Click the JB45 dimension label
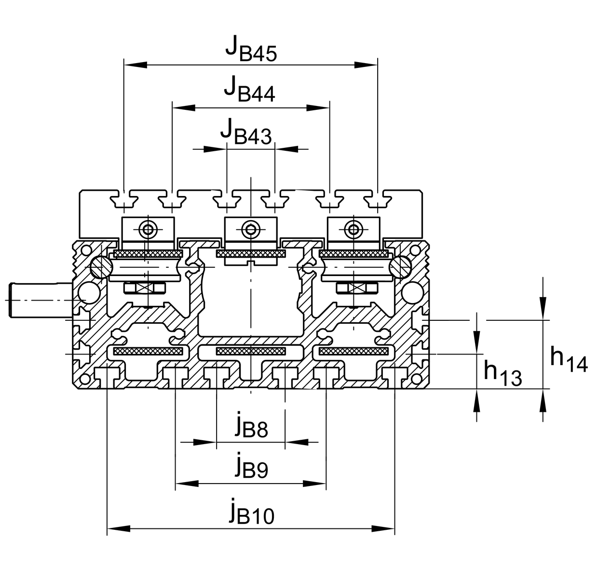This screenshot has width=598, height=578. coord(251,49)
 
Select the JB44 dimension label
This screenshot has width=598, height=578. coord(249,89)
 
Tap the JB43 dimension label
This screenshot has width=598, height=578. coord(246,131)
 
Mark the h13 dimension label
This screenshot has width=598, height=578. coord(503,372)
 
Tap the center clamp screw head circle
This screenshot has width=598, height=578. coord(251,229)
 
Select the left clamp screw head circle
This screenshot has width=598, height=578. coord(148,229)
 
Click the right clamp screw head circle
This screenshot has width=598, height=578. coord(353,229)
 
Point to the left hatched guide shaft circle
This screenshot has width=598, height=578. coord(102,267)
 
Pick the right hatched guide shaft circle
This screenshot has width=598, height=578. coord(400,267)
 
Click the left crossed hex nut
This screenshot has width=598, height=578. coord(144,288)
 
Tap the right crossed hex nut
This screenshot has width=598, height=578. coord(356,288)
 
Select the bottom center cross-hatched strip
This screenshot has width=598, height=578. coord(251,351)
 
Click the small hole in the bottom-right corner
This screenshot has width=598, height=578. coord(416,379)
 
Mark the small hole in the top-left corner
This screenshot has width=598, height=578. coord(86,250)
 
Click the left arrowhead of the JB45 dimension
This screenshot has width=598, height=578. coord(136,65)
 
